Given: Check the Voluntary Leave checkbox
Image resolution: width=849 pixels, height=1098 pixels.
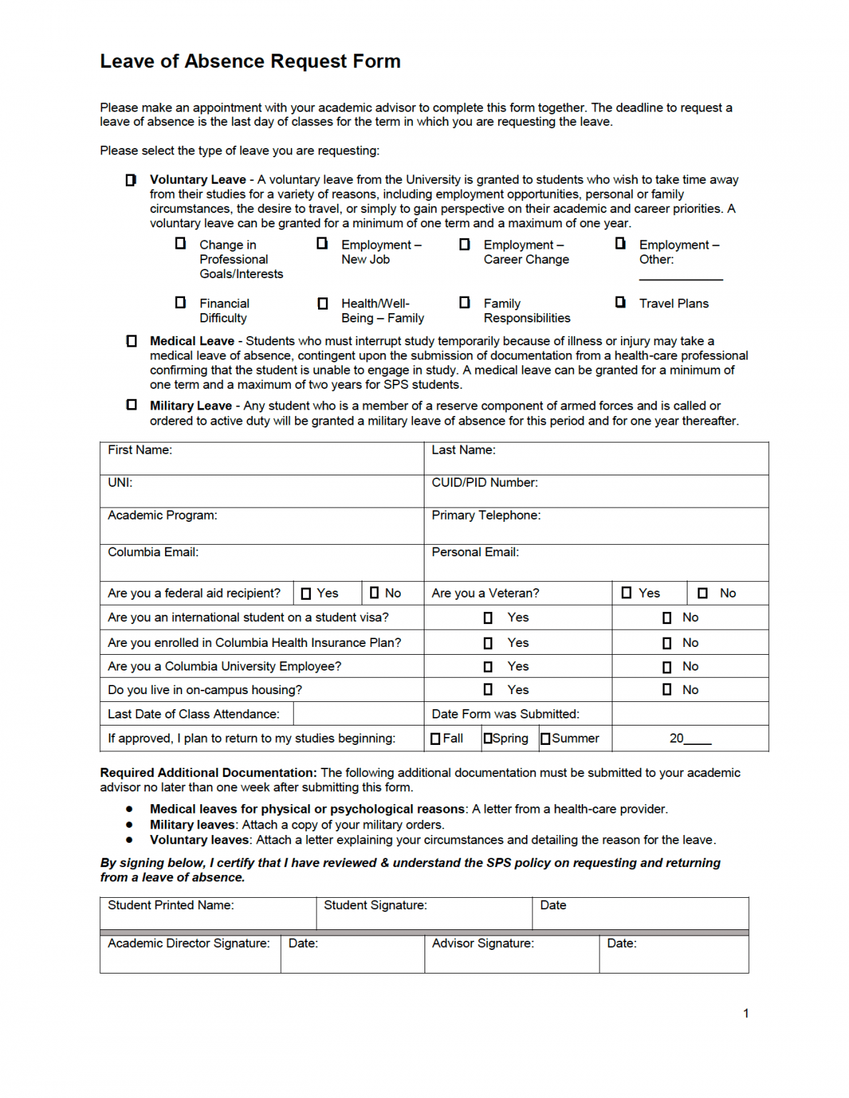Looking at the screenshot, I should [x=131, y=180].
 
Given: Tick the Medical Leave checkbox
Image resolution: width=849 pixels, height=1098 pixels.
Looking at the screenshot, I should [x=131, y=341].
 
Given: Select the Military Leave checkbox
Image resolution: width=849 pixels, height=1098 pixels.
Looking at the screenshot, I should [x=131, y=405].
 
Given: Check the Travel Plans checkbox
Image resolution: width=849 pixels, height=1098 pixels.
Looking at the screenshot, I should [x=620, y=302].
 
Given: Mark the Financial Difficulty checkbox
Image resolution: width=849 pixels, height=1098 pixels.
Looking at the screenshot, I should [x=181, y=302].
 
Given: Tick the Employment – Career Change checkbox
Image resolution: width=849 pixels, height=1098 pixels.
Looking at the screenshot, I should [x=465, y=244].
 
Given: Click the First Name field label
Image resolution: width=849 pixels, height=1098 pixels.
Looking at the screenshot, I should [x=140, y=450].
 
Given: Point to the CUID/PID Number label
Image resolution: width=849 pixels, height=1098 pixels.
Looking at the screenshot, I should [x=485, y=483].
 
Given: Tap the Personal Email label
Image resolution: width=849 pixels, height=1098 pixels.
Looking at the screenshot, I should [x=475, y=552].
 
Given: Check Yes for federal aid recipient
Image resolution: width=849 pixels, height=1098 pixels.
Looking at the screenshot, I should [x=307, y=593].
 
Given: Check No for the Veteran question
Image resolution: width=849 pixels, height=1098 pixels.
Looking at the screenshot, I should [x=702, y=593].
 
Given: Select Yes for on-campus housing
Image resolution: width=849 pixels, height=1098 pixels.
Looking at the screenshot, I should [x=488, y=690].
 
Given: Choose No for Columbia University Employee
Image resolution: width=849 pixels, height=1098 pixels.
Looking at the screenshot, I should [x=667, y=667].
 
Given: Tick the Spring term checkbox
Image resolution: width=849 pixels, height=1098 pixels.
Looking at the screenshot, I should [x=488, y=738].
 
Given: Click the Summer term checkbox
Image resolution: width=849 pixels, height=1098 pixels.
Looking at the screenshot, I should [x=545, y=738].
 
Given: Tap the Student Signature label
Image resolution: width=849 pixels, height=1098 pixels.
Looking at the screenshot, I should [x=375, y=905].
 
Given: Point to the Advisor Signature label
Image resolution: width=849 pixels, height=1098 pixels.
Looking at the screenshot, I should [x=482, y=943].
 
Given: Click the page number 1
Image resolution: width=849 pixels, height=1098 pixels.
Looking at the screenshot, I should [x=746, y=1013].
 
